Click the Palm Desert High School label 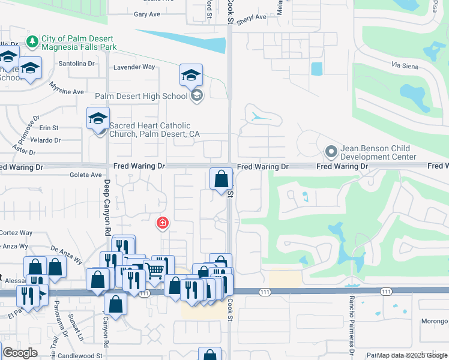142,96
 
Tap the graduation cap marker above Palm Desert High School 191,75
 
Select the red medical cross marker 162,224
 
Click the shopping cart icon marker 155,271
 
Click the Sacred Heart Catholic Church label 154,130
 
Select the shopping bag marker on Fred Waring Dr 221,178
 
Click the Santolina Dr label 76,63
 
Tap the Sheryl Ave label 251,18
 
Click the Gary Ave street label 147,14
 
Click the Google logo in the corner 20,353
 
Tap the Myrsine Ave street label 66,91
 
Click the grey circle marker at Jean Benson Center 330,152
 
